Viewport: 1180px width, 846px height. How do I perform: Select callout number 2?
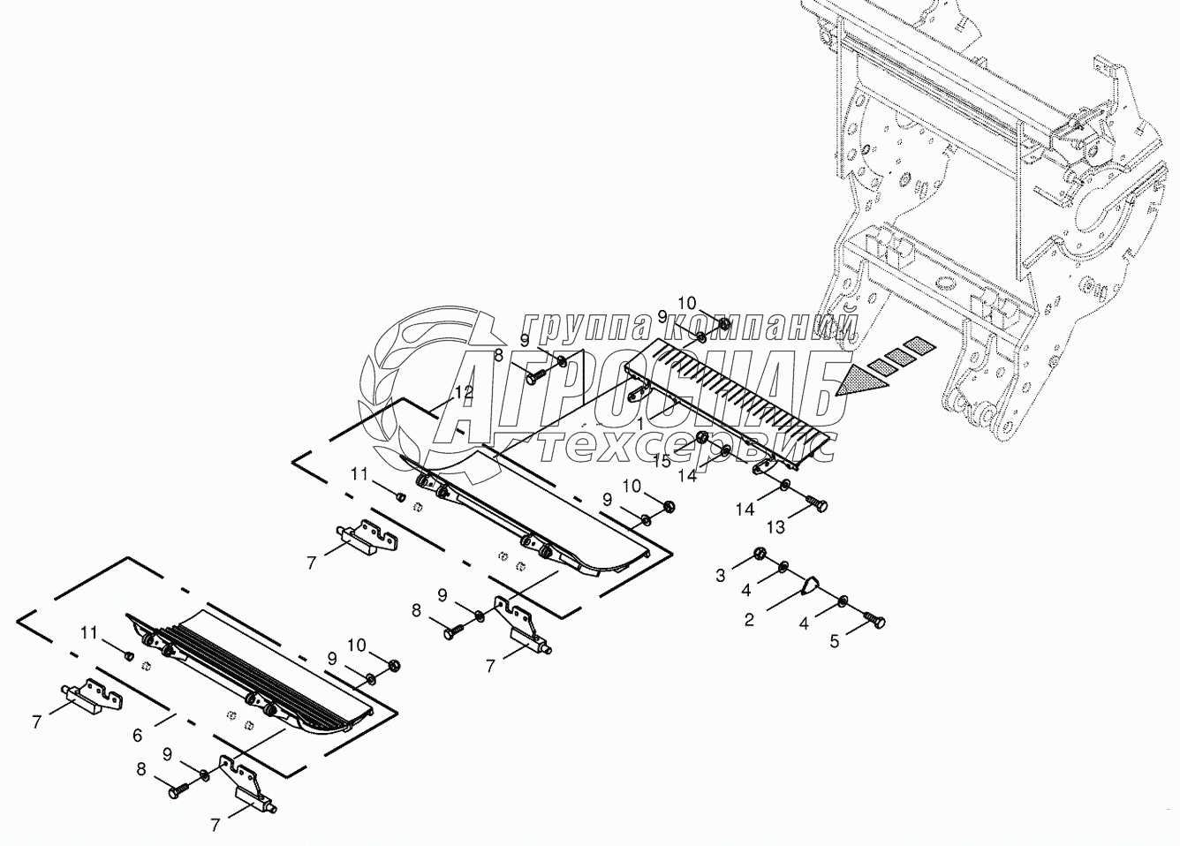(749, 620)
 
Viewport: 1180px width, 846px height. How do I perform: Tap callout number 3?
(720, 576)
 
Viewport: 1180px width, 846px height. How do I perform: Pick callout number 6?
(137, 734)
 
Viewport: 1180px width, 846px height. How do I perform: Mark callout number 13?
(775, 527)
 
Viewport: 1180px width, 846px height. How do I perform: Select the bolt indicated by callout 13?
(815, 503)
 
